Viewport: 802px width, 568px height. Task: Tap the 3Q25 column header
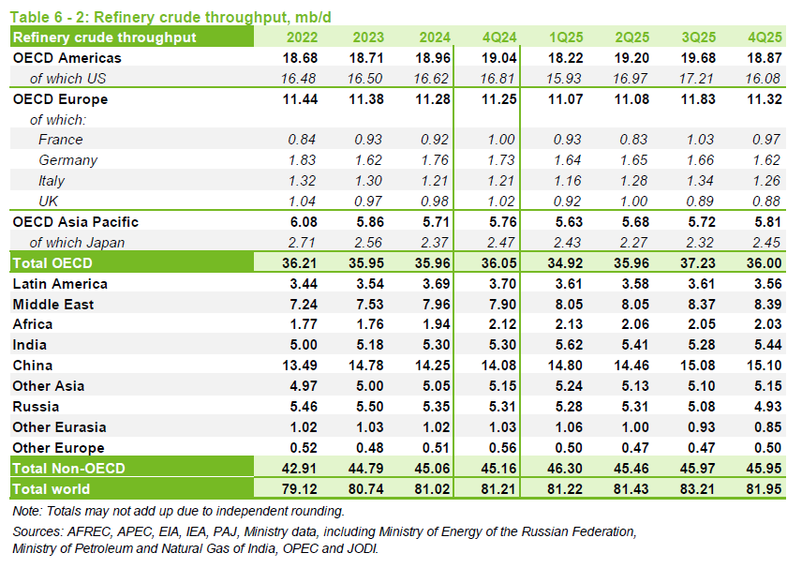coord(698,37)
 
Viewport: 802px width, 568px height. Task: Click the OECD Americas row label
coord(67,58)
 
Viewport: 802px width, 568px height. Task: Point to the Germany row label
coord(68,160)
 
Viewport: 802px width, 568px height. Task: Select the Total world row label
coord(52,488)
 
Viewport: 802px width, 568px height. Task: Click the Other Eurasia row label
coord(59,426)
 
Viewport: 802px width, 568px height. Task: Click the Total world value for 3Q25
coord(698,488)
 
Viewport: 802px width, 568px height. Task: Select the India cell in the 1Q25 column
coord(564,345)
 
